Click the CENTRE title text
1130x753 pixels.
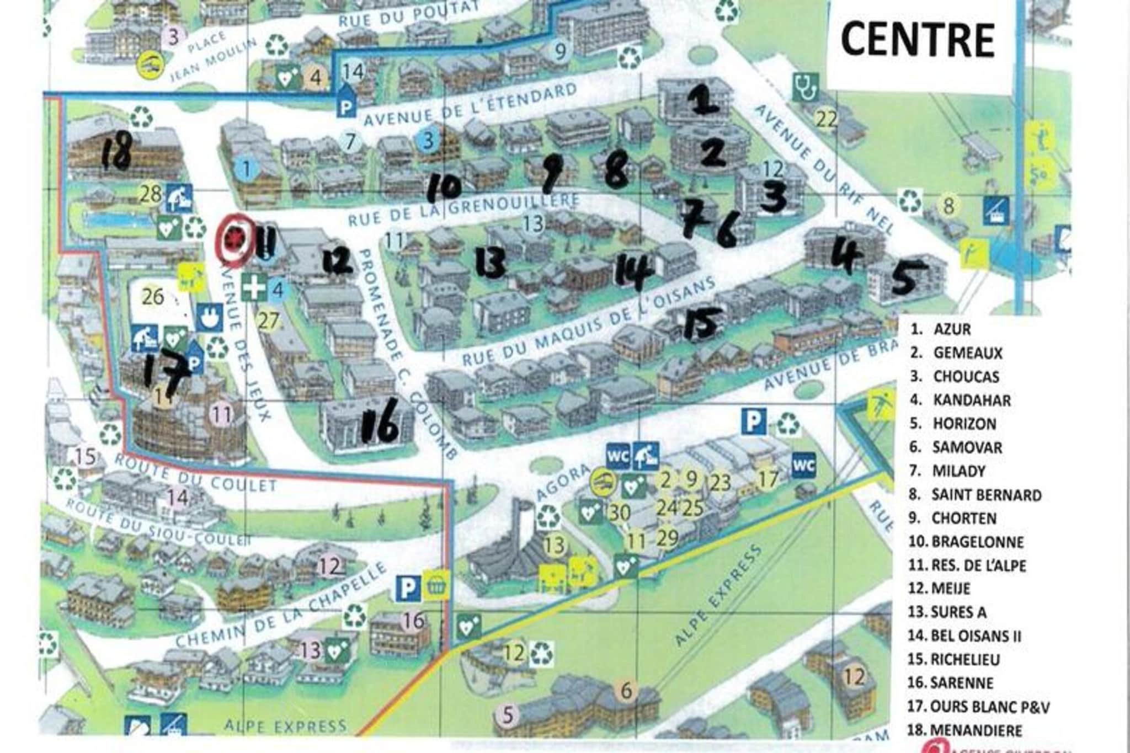click(917, 40)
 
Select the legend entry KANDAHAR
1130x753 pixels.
click(971, 400)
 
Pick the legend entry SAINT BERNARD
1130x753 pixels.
click(986, 495)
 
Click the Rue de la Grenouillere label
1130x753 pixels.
click(463, 210)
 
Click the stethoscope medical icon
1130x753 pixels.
click(805, 87)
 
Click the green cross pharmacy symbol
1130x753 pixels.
click(254, 289)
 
